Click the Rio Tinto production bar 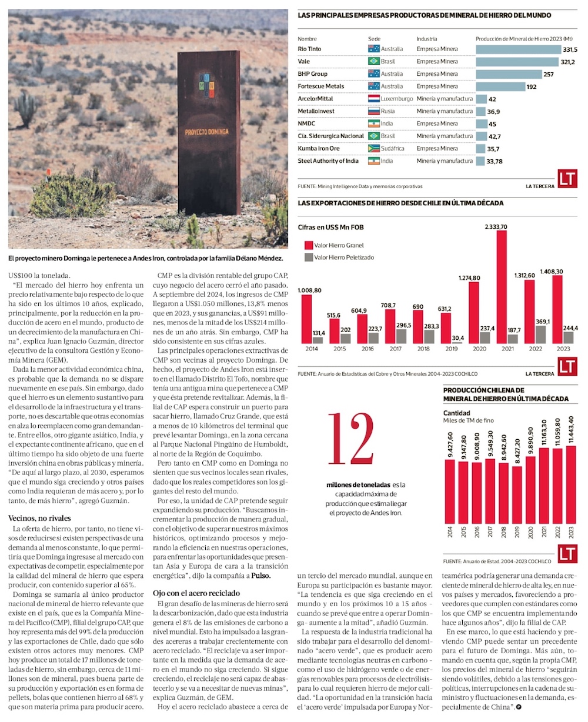pyautogui.click(x=517, y=49)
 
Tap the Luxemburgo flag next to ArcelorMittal pyautogui.click(x=373, y=99)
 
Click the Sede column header pyautogui.click(x=374, y=39)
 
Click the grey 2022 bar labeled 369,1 pyautogui.click(x=540, y=335)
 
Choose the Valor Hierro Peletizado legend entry pyautogui.click(x=343, y=257)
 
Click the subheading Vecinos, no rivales pyautogui.click(x=39, y=518)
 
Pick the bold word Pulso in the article pyautogui.click(x=261, y=576)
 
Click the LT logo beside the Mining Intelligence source pyautogui.click(x=567, y=178)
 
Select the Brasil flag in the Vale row pyautogui.click(x=373, y=61)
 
